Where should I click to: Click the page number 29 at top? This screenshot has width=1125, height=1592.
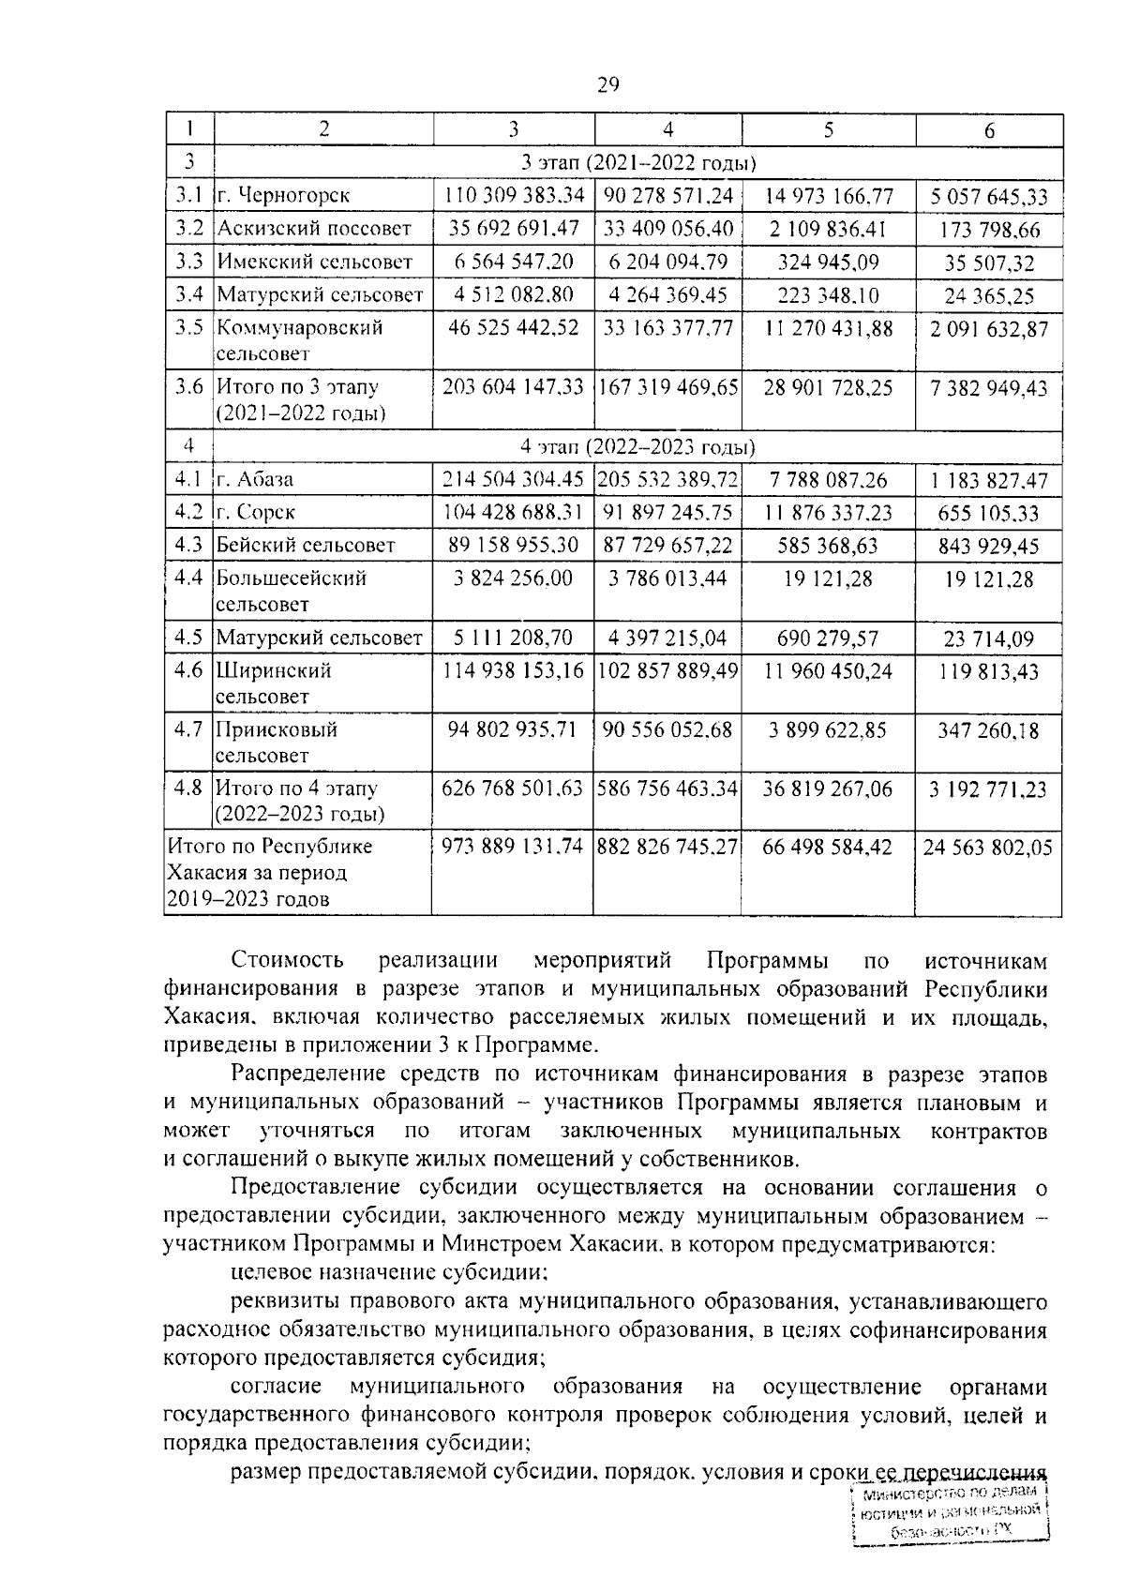[x=607, y=86]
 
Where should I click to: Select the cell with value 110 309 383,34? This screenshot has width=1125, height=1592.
[x=513, y=196]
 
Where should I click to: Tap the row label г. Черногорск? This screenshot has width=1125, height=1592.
[x=284, y=196]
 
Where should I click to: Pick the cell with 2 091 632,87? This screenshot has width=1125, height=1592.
[x=989, y=330]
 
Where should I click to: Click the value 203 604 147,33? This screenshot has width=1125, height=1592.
[x=513, y=387]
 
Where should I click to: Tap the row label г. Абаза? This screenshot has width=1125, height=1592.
[x=255, y=479]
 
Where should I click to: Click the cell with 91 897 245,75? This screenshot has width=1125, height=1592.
[x=667, y=513]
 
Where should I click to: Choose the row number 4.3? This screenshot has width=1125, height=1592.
[x=188, y=545]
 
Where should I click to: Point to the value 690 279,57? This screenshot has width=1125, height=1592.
[x=828, y=638]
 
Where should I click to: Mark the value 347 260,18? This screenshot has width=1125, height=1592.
[x=989, y=730]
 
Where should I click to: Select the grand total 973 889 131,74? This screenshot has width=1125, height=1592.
[x=513, y=848]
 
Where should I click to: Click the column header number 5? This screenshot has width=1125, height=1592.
[x=828, y=130]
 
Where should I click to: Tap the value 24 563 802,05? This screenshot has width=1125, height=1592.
[x=989, y=849]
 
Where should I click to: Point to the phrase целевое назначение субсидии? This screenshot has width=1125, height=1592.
[x=388, y=1272]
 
